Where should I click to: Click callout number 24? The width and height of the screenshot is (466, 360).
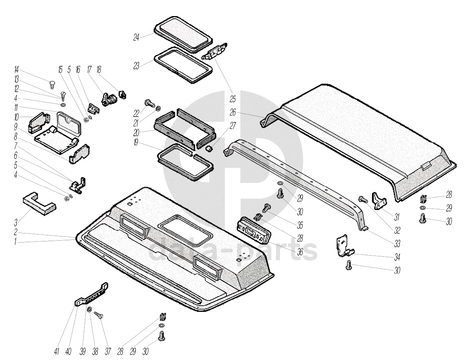136,37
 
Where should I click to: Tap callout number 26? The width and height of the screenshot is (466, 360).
233,112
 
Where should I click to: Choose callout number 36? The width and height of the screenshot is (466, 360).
300,252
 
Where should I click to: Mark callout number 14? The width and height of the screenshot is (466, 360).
16,70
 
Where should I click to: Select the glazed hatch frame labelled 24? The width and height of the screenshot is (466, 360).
183,34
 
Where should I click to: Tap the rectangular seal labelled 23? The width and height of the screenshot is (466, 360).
182,65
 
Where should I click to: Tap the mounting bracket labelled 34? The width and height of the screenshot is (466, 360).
345,247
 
